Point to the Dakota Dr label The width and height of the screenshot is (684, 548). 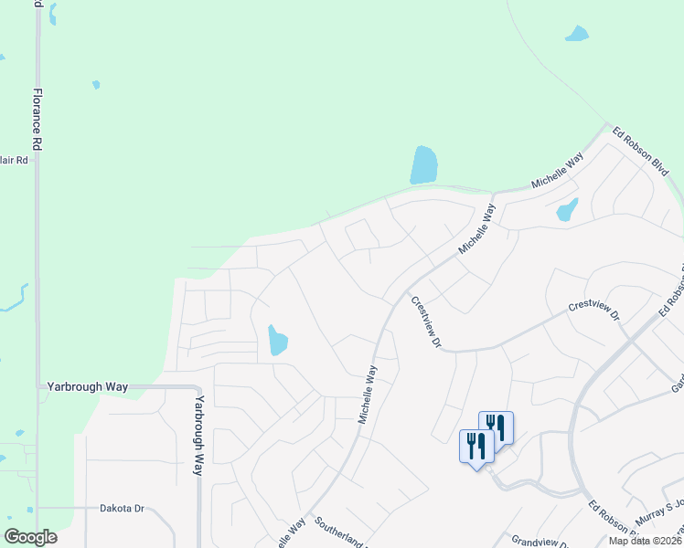pyautogui.click(x=122, y=509)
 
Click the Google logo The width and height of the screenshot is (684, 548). pyautogui.click(x=31, y=537)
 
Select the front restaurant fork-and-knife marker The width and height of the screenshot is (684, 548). pyautogui.click(x=476, y=447)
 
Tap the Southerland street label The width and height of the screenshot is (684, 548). pyautogui.click(x=340, y=534)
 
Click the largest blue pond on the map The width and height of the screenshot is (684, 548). pyautogui.click(x=423, y=165)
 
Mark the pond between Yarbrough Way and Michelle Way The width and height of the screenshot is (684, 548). pyautogui.click(x=277, y=341)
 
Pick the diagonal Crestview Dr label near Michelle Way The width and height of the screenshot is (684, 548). pyautogui.click(x=426, y=321)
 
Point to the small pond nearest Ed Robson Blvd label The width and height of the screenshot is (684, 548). pyautogui.click(x=567, y=210)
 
